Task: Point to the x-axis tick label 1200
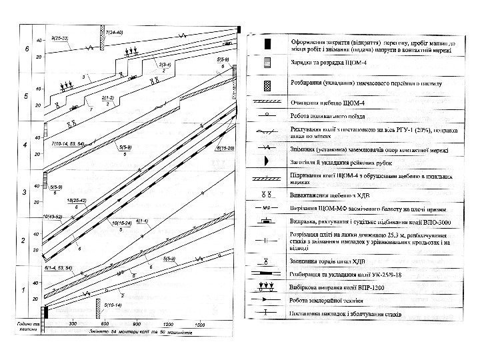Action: coord(167,325)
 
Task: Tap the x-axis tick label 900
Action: coord(135,325)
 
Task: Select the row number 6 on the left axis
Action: coord(27,49)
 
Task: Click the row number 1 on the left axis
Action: coord(24,290)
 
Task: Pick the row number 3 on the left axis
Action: coord(24,193)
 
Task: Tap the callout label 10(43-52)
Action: coord(52,217)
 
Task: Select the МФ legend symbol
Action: coord(267,207)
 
